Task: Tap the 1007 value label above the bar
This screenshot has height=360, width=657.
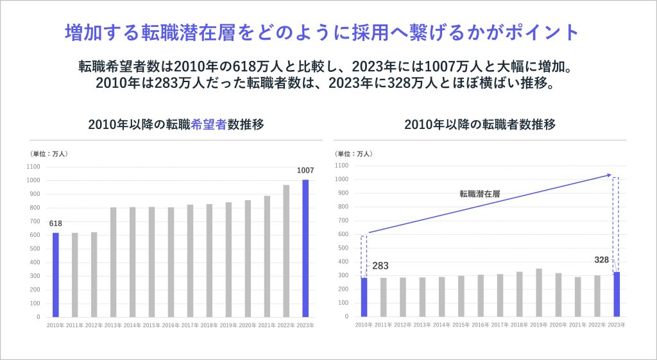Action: (x=305, y=170)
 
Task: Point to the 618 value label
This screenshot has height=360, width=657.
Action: (x=55, y=223)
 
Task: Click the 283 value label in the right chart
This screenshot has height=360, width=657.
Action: (x=380, y=266)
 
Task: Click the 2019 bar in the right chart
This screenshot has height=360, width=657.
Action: (x=539, y=293)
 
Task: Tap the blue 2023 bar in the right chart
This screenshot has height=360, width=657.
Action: (x=617, y=295)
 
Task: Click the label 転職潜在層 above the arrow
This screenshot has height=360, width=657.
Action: (x=481, y=193)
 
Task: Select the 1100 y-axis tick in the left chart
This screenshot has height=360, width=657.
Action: (x=33, y=167)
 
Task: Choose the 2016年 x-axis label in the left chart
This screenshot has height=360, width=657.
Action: (x=171, y=325)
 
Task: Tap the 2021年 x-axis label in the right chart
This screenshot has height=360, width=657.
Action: (x=577, y=325)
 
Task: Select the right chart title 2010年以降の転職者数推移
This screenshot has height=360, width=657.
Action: (x=479, y=124)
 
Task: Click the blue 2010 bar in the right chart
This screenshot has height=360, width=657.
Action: (x=364, y=297)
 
